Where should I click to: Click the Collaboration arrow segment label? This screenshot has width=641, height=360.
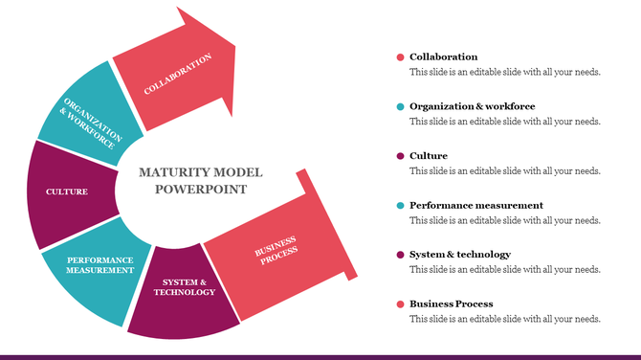pos(177,74)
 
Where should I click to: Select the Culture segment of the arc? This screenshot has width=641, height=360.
pos(67,191)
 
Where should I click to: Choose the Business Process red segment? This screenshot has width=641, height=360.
pos(276,252)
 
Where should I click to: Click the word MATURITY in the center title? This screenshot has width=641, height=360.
pos(174,172)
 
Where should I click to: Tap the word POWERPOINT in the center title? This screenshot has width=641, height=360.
pos(201,189)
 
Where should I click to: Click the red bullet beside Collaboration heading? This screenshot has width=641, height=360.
pos(400,57)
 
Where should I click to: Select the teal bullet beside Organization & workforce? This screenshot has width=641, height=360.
pos(400,106)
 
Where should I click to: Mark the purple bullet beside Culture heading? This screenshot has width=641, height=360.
pos(400,156)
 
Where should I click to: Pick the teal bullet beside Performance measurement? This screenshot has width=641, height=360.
pos(400,205)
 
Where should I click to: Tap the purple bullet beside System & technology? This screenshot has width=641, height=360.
pos(400,255)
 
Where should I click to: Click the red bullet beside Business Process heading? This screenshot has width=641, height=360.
pos(400,304)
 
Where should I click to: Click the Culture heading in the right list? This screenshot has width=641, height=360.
pos(429,156)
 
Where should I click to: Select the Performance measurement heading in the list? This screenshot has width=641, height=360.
pos(475,205)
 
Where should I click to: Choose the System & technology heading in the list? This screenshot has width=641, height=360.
pos(459,255)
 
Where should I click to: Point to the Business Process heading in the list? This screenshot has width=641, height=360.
pos(452,304)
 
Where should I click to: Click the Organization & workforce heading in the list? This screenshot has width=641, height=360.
pos(472,106)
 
